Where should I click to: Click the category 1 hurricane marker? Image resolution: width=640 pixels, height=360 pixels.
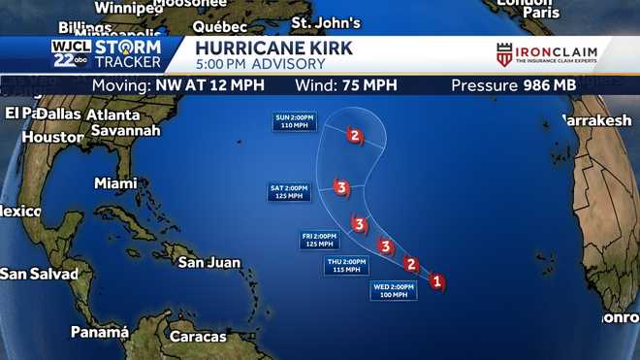(x=436, y=282)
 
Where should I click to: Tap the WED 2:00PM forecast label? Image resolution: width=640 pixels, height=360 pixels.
(x=393, y=290)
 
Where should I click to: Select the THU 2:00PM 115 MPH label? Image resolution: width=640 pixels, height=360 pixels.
(x=346, y=265)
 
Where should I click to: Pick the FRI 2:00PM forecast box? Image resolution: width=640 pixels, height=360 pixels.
(x=319, y=240)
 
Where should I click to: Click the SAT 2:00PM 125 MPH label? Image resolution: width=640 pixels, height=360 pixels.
(x=289, y=192)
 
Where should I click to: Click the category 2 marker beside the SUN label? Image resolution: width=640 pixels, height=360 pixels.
(x=355, y=136)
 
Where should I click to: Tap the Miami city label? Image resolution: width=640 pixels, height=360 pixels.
(x=115, y=182)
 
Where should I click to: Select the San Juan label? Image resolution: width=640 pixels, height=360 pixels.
(x=208, y=262)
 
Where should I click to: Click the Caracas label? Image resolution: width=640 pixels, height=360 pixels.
(x=197, y=337)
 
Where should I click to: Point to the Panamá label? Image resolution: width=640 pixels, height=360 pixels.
(x=99, y=332)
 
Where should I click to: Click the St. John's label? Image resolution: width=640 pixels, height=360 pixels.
(x=326, y=22)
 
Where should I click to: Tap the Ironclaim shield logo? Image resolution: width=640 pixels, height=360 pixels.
(x=504, y=55)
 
